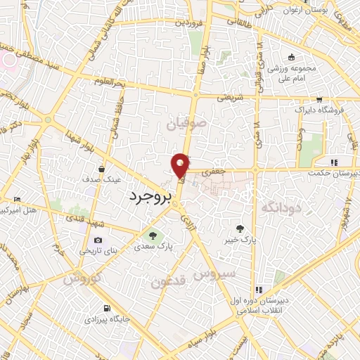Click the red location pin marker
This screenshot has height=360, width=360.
pyautogui.click(x=181, y=165)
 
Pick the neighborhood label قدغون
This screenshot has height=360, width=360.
pyautogui.click(x=168, y=282)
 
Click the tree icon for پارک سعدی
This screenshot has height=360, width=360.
pyautogui.click(x=150, y=236)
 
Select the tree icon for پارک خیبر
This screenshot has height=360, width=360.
pyautogui.click(x=240, y=228)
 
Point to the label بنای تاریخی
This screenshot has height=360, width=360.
pyautogui.click(x=95, y=250)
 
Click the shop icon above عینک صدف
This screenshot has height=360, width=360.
pyautogui.click(x=103, y=169)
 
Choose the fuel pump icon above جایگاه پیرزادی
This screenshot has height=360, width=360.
pyautogui.click(x=106, y=308)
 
